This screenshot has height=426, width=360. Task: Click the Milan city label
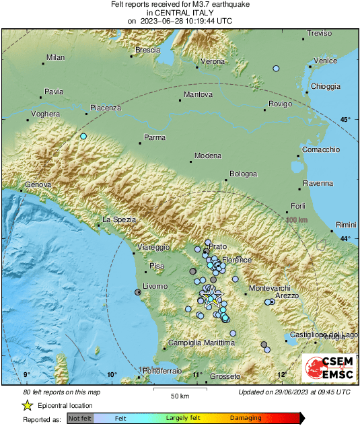point(55,58)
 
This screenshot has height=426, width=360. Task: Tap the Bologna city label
point(243,174)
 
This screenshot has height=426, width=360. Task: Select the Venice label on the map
point(325,61)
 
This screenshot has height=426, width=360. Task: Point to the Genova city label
point(38,185)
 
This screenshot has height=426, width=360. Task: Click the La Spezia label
point(118,220)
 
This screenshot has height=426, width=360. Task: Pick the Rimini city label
point(346,224)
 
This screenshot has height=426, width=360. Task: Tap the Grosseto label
point(225,377)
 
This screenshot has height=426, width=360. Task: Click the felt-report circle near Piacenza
point(83,137)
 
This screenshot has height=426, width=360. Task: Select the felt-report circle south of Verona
point(275,69)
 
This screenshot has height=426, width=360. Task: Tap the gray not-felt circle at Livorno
point(138,292)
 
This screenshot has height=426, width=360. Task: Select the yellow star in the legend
point(27,405)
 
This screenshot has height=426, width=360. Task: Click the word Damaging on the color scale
point(246,418)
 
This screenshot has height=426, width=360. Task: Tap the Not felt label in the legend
point(81,418)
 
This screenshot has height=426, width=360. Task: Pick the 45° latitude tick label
point(345,120)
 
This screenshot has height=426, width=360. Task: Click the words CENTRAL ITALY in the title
point(180,12)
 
